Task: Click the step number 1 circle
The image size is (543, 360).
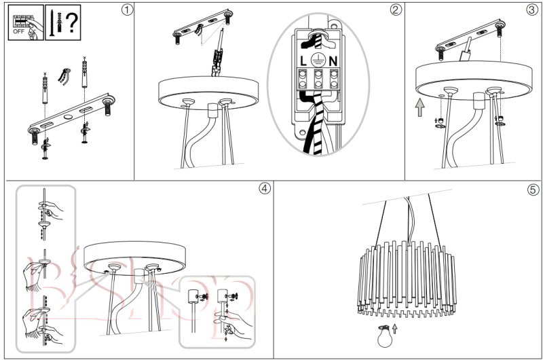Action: [124, 10]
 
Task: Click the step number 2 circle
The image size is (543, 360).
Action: [395, 10]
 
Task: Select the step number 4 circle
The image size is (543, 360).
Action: [264, 189]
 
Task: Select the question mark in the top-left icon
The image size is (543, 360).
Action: [71, 20]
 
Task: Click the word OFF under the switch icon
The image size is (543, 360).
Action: [20, 31]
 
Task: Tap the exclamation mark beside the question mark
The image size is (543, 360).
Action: [60, 20]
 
